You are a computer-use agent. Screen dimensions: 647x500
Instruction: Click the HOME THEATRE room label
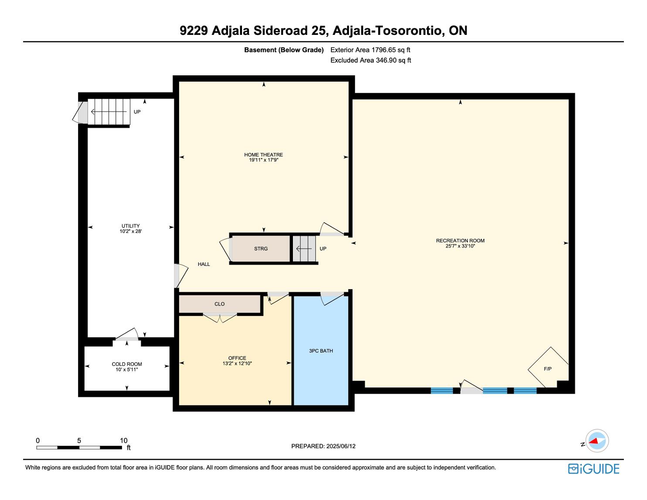[263, 154]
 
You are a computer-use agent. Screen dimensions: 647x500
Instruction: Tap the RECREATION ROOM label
[460, 241]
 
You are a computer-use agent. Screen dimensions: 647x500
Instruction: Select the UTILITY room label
[130, 226]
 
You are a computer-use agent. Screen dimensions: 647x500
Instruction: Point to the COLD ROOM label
[127, 364]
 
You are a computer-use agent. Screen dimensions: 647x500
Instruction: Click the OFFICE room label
[237, 358]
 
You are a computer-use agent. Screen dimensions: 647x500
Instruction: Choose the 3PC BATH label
[321, 351]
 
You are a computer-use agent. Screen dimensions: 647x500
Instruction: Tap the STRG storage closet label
[261, 248]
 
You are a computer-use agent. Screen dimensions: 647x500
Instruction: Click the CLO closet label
[219, 304]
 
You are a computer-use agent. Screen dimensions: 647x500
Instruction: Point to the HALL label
[204, 264]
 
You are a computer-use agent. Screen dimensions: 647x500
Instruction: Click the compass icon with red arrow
[597, 441]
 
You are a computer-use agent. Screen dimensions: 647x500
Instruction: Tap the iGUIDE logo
[593, 469]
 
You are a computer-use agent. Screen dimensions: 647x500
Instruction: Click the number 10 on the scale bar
[123, 440]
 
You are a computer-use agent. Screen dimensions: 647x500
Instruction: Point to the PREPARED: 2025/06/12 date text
[323, 446]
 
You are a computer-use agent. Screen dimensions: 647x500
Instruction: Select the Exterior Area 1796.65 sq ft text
[370, 50]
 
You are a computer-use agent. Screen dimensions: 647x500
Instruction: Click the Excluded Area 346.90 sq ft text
[371, 60]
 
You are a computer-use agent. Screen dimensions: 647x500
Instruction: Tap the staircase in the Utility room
[109, 112]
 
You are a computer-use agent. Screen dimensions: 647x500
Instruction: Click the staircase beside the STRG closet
[304, 248]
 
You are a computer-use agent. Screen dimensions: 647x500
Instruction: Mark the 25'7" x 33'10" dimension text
[460, 246]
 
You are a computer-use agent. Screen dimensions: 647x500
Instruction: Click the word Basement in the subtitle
[260, 50]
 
